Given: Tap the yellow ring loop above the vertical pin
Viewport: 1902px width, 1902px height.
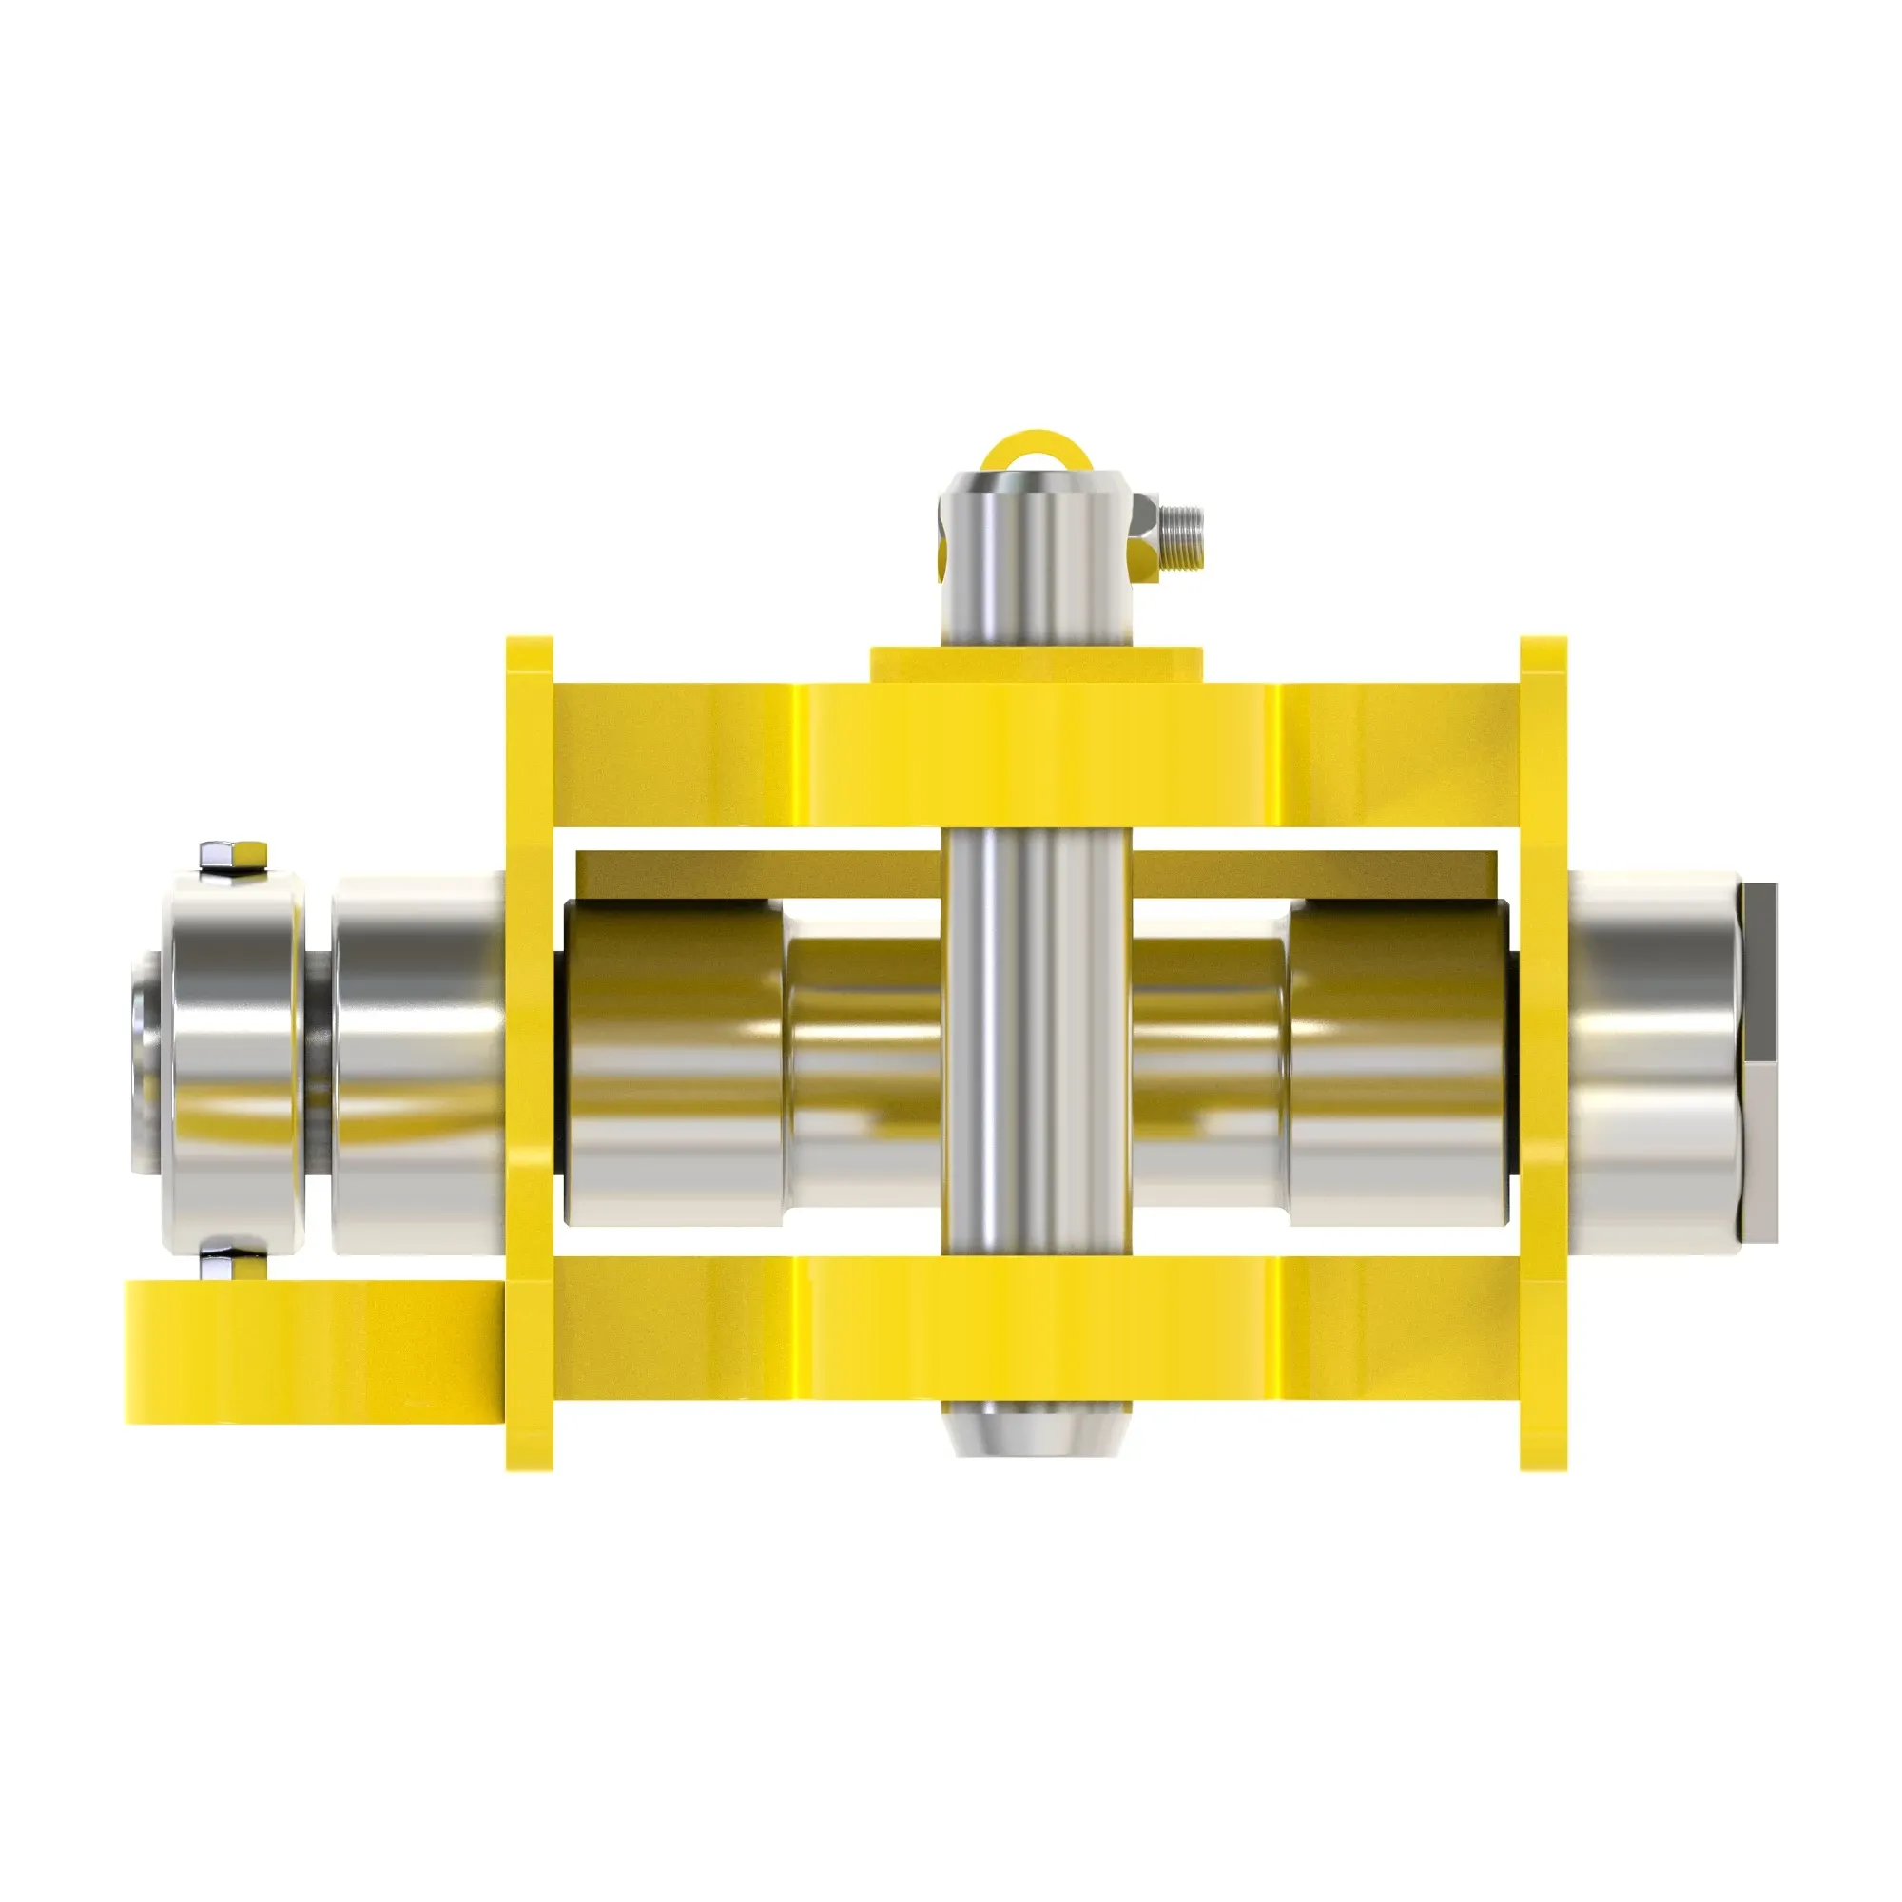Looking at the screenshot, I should click(x=1035, y=446).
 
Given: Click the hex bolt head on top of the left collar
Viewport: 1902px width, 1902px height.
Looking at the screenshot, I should click(x=233, y=855).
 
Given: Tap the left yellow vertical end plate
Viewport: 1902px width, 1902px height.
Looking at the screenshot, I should click(x=529, y=1054).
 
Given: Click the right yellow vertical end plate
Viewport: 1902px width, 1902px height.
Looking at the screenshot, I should click(x=1543, y=1054).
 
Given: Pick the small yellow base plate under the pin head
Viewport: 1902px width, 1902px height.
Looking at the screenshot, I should click(x=1036, y=665).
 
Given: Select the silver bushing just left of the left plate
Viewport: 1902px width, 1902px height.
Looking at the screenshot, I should click(x=418, y=1063).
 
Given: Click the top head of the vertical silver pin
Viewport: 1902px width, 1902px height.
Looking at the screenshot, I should click(x=1036, y=552).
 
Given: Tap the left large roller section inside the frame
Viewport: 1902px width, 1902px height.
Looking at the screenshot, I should click(x=674, y=1063).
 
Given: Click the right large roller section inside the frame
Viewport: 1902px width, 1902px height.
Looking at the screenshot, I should click(x=1398, y=1063).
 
